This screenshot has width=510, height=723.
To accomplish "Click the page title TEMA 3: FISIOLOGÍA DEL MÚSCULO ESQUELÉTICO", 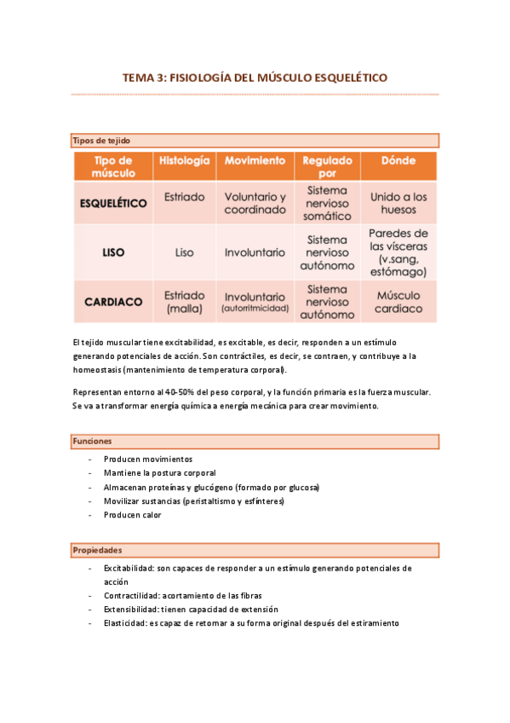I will [x=255, y=78].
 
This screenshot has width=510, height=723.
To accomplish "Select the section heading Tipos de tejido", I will [x=101, y=140].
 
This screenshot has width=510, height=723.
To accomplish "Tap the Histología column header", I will [x=184, y=160].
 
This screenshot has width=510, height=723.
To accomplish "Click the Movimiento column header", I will [x=255, y=160].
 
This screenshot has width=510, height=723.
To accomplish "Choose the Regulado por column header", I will [x=327, y=165].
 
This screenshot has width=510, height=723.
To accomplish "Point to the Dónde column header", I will [x=398, y=160].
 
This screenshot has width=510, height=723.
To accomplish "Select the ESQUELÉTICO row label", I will [x=113, y=203].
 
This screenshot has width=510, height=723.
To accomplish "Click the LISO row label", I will [x=113, y=252].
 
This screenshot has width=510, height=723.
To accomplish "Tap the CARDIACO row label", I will [x=113, y=301].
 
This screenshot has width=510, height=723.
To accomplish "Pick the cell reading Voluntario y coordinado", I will [x=255, y=203].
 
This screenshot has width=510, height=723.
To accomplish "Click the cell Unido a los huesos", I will [x=398, y=203].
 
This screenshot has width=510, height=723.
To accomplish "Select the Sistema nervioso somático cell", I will [x=327, y=203].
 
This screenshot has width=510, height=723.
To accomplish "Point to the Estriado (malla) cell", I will [x=184, y=301].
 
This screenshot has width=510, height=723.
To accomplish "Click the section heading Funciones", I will [x=92, y=441].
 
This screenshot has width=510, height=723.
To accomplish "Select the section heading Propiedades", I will [x=96, y=550].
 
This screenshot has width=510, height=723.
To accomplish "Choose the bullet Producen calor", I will [x=132, y=515].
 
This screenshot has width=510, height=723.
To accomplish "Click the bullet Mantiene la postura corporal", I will [x=159, y=472].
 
